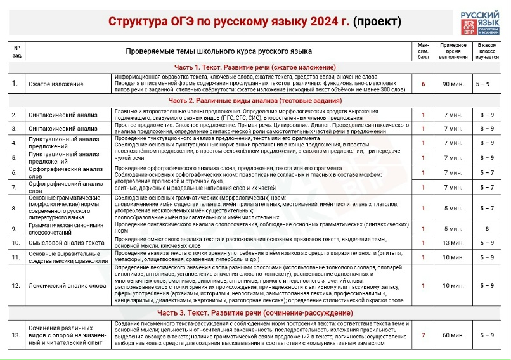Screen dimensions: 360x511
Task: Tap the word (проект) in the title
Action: click(377, 22)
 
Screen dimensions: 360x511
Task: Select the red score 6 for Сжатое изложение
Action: click(423, 83)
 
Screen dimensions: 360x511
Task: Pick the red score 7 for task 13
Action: click(423, 334)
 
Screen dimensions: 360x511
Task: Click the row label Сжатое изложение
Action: click(56, 83)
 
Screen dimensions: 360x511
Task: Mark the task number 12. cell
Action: click(15, 285)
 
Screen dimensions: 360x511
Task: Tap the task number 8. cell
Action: click(14, 207)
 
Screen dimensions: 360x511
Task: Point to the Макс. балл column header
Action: click(423, 51)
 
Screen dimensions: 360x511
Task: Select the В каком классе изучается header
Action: click(487, 51)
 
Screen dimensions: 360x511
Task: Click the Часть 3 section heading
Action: click(255, 313)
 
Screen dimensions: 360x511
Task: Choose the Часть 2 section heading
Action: click(255, 100)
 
